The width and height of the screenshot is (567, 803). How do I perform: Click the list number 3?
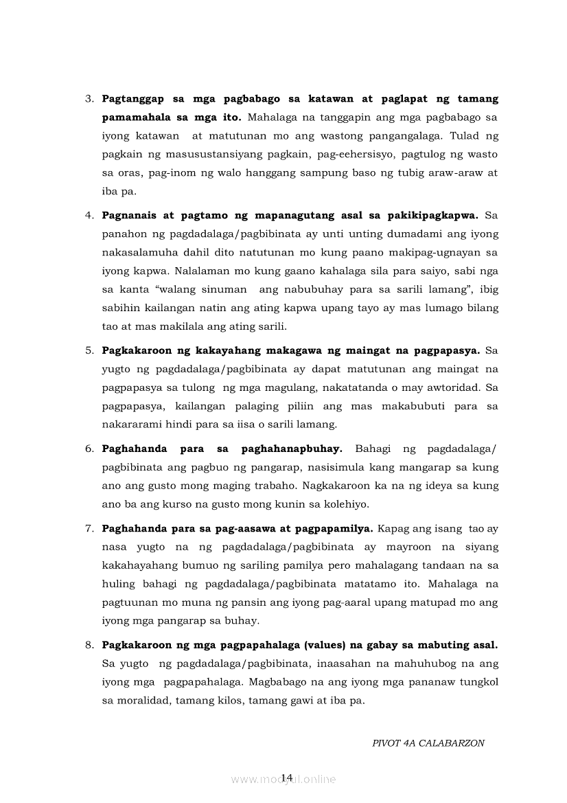[x=89, y=99]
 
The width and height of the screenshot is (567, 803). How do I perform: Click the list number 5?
[x=89, y=351]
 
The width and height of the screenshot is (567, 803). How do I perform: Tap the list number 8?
[x=89, y=646]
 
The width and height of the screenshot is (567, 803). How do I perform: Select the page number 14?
[x=287, y=777]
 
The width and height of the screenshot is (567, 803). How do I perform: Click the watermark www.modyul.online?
[x=283, y=779]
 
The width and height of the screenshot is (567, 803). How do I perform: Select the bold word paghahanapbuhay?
[x=292, y=449]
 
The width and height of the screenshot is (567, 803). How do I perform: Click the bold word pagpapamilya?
[x=338, y=529]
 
